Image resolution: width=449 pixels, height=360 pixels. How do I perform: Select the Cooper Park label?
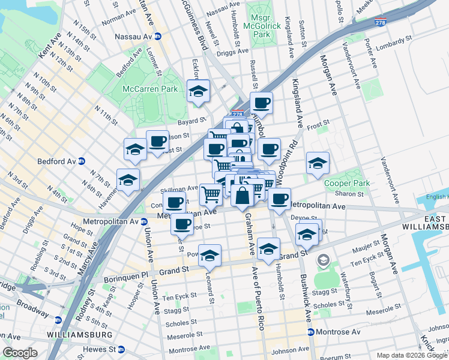[x=340, y=183]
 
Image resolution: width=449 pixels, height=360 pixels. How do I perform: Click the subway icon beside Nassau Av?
[x=158, y=36]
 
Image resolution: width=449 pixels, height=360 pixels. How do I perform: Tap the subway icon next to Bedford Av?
[x=81, y=161]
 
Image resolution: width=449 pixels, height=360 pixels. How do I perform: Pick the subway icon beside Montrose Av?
[x=310, y=332]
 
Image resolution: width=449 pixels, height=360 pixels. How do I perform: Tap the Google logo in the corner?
[x=20, y=353]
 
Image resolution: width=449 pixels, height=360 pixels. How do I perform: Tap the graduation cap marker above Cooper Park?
[x=317, y=162]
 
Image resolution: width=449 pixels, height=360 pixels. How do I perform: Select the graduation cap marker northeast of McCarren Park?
[x=199, y=91]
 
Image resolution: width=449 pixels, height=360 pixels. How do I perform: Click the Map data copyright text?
[x=402, y=355]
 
